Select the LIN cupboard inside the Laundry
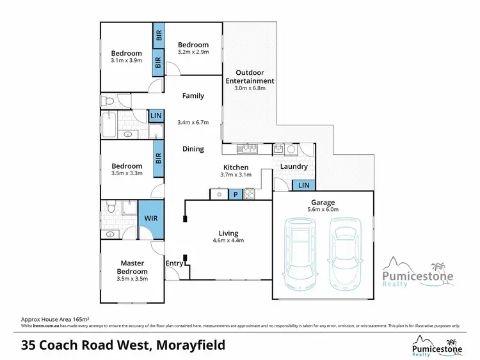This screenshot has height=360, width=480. pos(303,185)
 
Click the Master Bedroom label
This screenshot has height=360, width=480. pos(132,267)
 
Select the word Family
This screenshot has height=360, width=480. pos(193,96)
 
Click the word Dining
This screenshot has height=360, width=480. pos(193,149)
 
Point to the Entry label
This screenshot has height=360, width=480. pos(174,263)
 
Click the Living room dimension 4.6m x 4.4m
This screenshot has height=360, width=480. pos(228,241)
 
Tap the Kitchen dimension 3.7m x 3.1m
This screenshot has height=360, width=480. pos(236,175)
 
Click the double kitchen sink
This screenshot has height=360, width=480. pos(247,150)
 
